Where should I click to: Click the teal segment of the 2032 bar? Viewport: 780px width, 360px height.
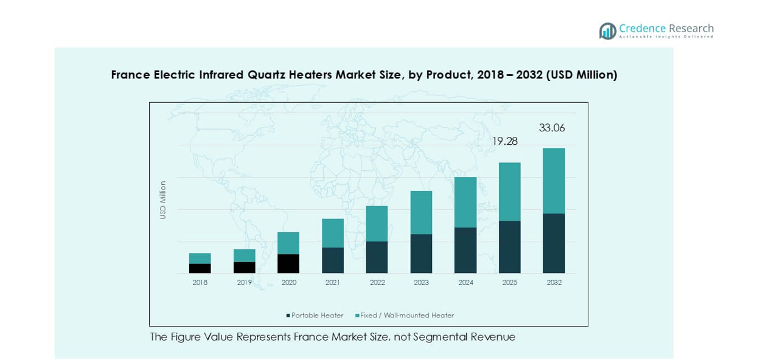click(x=554, y=181)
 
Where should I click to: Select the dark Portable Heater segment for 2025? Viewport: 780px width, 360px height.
click(x=509, y=247)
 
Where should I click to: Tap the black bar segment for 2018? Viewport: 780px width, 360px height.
click(x=200, y=268)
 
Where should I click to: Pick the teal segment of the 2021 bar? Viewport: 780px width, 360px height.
click(x=332, y=233)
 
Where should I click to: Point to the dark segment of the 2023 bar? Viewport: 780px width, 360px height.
click(x=421, y=254)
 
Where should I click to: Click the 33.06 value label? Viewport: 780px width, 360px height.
click(x=552, y=128)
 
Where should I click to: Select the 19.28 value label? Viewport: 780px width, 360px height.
click(x=504, y=141)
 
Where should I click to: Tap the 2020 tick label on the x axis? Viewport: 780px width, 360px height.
click(x=288, y=283)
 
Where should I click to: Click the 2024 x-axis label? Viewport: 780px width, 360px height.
click(x=465, y=283)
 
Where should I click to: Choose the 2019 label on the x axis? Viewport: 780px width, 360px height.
click(x=244, y=283)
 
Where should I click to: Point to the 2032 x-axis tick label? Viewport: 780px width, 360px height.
click(x=554, y=283)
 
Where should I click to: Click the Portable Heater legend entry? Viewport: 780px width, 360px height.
click(x=315, y=316)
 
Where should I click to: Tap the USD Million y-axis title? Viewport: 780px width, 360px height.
click(x=163, y=200)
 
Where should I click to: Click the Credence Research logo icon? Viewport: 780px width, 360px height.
click(x=607, y=31)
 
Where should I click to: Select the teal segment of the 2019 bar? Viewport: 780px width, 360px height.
click(x=244, y=255)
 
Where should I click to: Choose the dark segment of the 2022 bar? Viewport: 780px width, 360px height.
click(x=377, y=257)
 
